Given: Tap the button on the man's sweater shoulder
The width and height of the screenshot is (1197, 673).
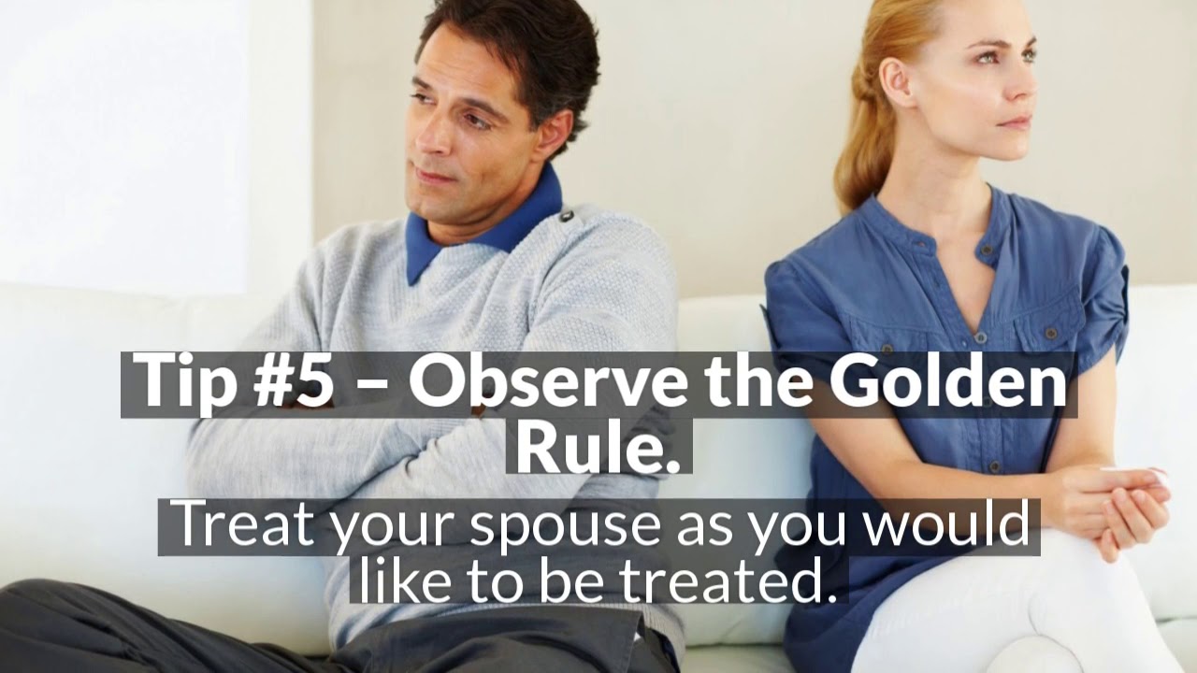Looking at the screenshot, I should [x=566, y=217].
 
